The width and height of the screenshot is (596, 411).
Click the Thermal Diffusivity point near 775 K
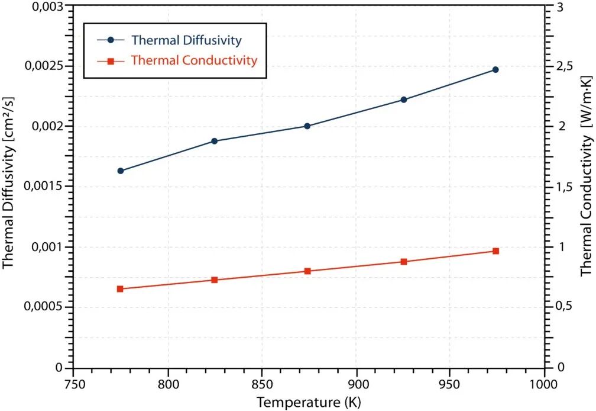(120, 171)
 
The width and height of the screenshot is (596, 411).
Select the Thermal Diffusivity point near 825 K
(214, 141)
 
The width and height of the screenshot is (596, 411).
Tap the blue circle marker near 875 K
(307, 126)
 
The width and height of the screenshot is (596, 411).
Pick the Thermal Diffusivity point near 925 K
(404, 99)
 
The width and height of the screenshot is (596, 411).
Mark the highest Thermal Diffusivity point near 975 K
(495, 70)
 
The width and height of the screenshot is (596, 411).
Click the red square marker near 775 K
(120, 289)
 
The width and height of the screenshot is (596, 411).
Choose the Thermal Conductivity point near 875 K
(307, 271)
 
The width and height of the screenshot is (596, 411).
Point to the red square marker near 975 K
(495, 251)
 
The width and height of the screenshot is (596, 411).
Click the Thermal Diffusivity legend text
(187, 41)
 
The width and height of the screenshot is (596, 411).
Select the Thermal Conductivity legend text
(194, 60)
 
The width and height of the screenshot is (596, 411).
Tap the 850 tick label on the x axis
(262, 383)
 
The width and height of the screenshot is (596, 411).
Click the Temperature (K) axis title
(309, 402)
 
